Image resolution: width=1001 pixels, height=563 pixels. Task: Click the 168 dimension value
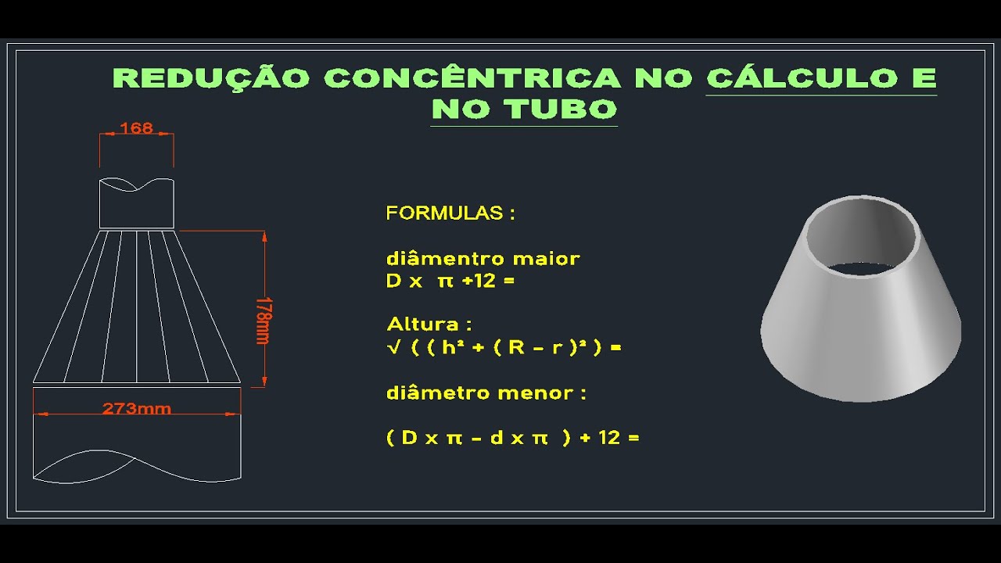pos(137,127)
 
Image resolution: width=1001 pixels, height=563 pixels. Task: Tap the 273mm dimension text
pos(137,408)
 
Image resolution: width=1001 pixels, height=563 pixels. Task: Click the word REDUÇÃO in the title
pos(211,78)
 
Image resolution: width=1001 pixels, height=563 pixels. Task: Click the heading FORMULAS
pos(450,213)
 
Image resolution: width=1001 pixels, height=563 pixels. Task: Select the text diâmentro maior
pos(483,259)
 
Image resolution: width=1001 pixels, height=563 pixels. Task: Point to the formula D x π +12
pos(450,281)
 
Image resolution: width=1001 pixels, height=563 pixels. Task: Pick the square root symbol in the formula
pos(393,347)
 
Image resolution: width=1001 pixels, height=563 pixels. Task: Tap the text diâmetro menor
pos(486,393)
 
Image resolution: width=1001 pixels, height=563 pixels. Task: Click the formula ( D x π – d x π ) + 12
pos(512,438)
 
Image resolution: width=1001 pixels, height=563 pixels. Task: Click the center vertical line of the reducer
pos(137,305)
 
